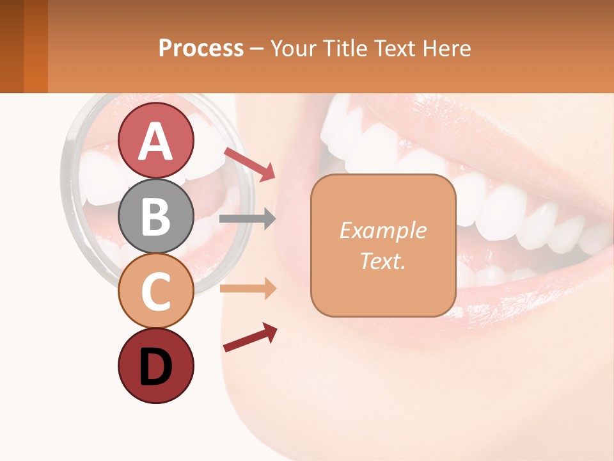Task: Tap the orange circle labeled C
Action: click(x=156, y=291)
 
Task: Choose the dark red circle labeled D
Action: click(x=156, y=366)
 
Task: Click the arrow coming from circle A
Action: click(x=249, y=164)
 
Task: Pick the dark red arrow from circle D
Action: click(x=250, y=337)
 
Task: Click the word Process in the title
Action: click(x=201, y=48)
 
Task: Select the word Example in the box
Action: click(x=382, y=230)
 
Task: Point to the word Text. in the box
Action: click(x=382, y=261)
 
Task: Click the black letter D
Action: click(x=156, y=367)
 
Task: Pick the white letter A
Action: click(x=156, y=142)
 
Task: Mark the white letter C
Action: click(x=156, y=292)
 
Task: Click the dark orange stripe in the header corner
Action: click(x=36, y=46)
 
